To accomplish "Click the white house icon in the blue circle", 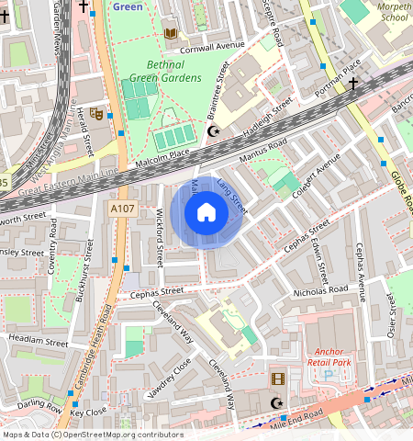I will (206, 213).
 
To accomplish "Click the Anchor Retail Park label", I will (341, 357).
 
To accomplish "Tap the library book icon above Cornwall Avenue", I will (169, 34).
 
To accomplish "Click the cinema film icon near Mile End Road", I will (277, 378).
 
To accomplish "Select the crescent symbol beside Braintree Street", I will (215, 132).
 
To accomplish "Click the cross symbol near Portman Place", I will (353, 84).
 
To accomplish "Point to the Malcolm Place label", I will (163, 154).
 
